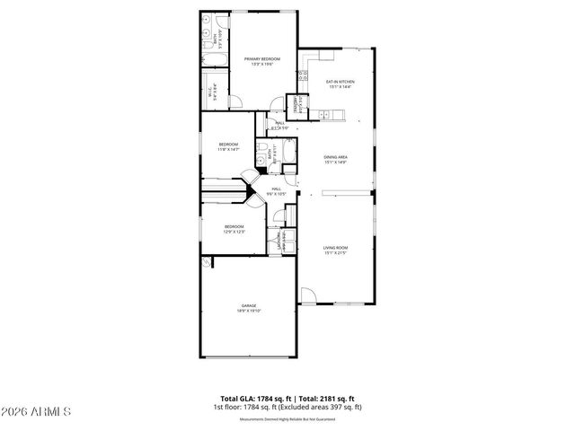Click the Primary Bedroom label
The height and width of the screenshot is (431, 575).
click(258, 61)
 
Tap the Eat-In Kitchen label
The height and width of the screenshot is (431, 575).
click(341, 84)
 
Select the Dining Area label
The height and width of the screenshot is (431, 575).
click(336, 160)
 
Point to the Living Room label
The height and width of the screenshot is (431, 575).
click(335, 250)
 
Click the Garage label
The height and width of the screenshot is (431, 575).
click(248, 308)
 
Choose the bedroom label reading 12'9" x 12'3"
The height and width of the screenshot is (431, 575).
click(234, 230)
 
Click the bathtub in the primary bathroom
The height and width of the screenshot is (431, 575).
click(216, 62)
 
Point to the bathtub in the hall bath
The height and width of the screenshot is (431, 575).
click(291, 155)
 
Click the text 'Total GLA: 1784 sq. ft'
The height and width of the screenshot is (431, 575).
click(254, 398)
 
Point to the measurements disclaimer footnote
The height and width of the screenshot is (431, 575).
click(287, 419)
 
